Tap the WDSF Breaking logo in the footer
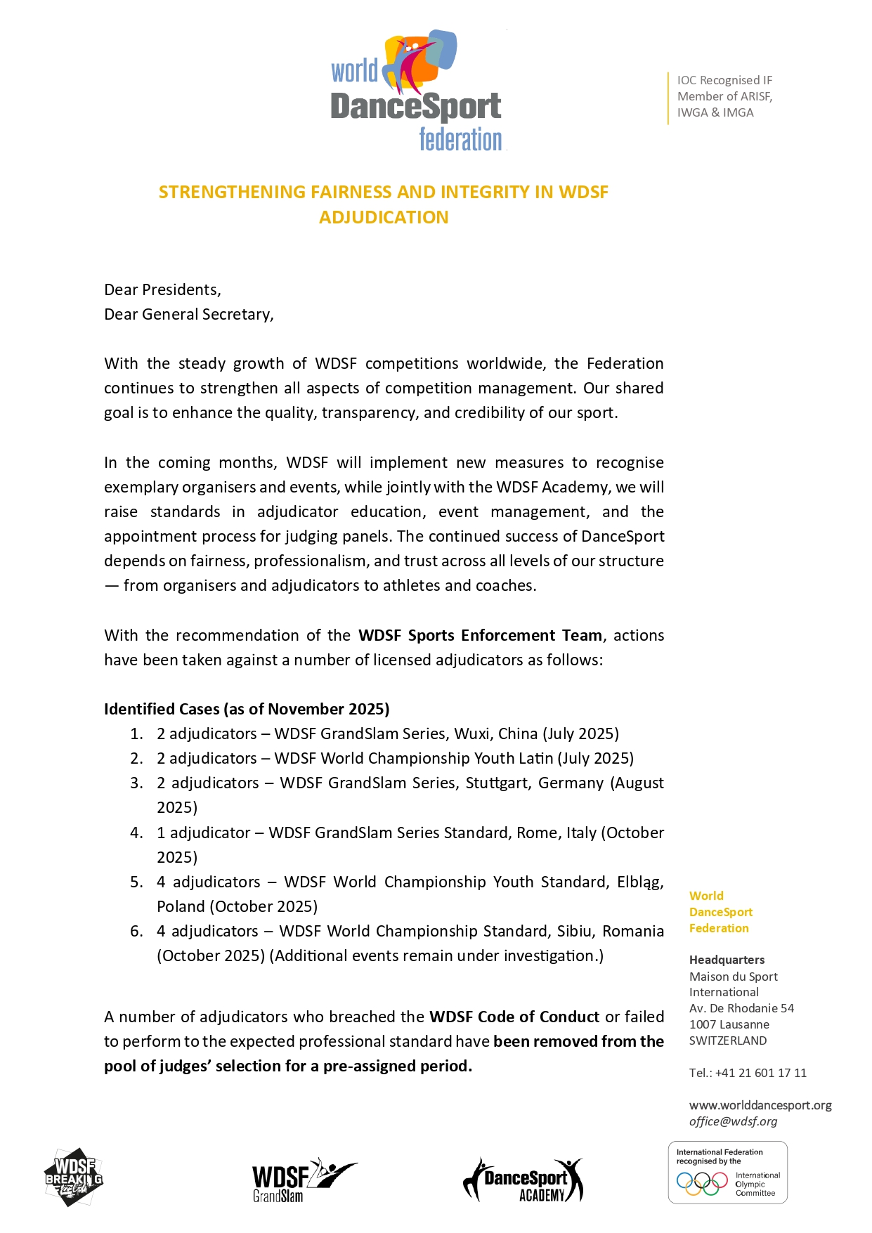tap(73, 1177)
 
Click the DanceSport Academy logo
tap(523, 1180)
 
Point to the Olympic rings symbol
tap(701, 1184)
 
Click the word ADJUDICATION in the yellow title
tap(384, 217)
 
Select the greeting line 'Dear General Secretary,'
tap(188, 314)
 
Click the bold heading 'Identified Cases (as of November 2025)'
tap(247, 709)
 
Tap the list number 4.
tap(136, 833)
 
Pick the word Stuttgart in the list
tap(497, 783)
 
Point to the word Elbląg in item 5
tap(639, 882)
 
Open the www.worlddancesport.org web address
tap(760, 1105)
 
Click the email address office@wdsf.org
tap(733, 1121)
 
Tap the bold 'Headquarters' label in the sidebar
tap(727, 960)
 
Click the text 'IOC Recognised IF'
tap(724, 80)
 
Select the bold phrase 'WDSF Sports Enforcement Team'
tap(480, 635)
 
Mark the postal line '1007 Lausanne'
tap(729, 1024)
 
